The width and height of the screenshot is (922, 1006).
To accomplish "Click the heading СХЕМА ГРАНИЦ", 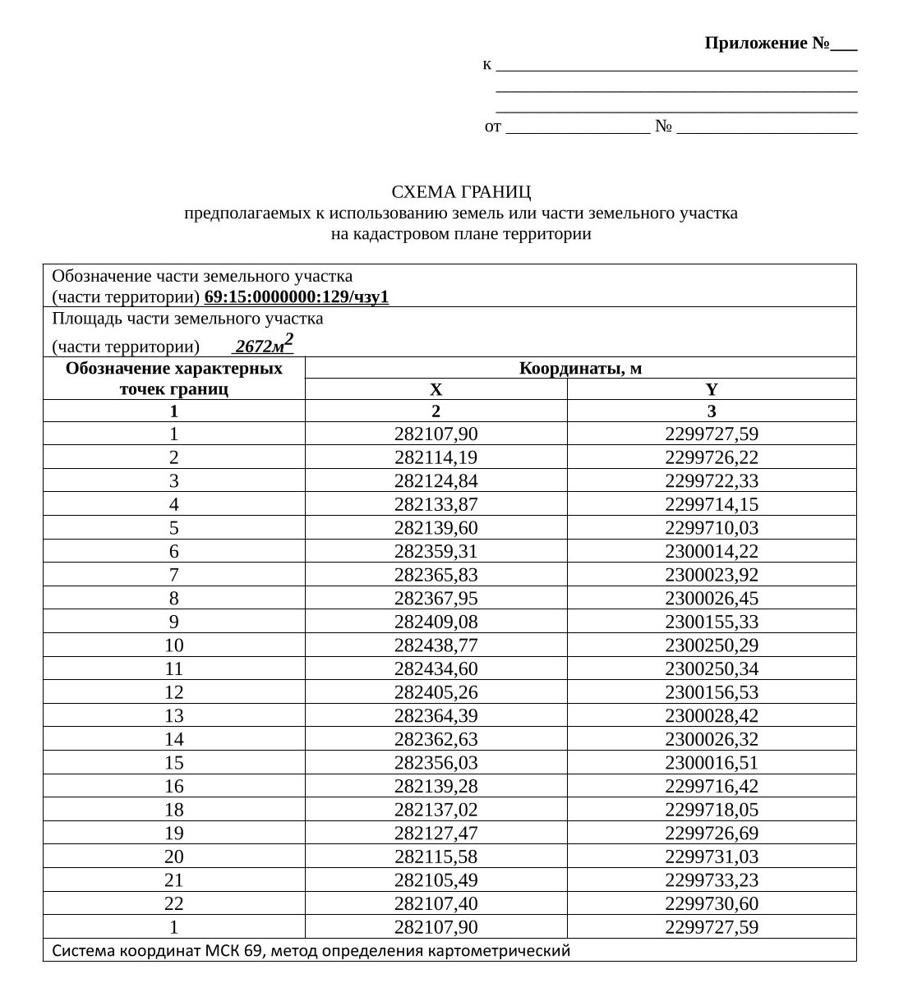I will coord(461,192).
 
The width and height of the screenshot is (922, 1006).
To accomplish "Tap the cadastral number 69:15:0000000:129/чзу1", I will coord(296,297).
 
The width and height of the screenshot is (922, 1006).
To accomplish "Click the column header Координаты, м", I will coord(580,369).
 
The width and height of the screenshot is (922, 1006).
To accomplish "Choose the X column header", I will coord(436,390).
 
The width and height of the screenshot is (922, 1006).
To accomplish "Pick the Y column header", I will coord(712,390).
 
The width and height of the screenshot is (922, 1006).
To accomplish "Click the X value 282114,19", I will coord(436,457).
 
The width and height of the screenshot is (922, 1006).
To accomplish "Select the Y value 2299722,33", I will coord(712,481).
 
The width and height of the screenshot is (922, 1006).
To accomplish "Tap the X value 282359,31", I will coord(436,552).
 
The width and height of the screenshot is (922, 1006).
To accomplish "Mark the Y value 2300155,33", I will coord(712,622).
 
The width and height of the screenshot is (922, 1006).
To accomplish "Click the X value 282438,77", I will coord(436,645).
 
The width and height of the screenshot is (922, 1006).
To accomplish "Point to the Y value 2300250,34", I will coord(712,669).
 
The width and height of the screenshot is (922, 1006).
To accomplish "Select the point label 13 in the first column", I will coord(174,716).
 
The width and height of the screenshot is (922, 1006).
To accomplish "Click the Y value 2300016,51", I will coord(712,763).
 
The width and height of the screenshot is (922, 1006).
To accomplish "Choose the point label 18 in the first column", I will coord(174,810).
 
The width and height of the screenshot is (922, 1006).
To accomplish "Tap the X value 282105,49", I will coord(436,880).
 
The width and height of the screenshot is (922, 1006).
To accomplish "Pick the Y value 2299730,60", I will coord(712,904).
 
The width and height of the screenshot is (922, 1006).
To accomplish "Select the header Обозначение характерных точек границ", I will coord(174,379).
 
